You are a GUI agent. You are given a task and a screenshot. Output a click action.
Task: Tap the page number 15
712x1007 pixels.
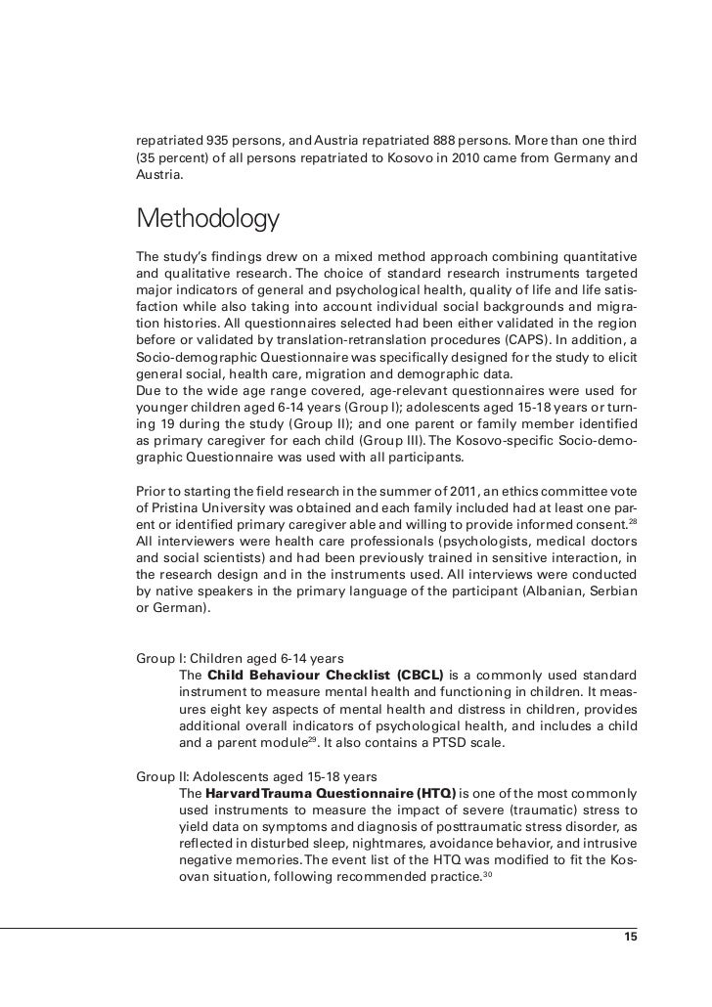[631, 937]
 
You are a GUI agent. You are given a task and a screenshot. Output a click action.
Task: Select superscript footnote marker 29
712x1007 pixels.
[312, 739]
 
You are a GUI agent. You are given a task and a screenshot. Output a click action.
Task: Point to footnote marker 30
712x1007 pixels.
[487, 873]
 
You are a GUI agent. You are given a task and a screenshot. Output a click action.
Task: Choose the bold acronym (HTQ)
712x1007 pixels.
[435, 792]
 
